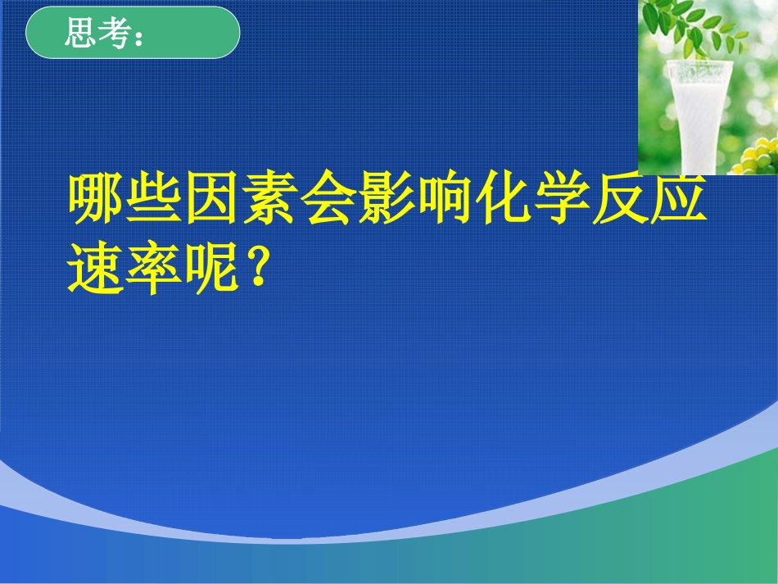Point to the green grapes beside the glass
[x=758, y=156]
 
